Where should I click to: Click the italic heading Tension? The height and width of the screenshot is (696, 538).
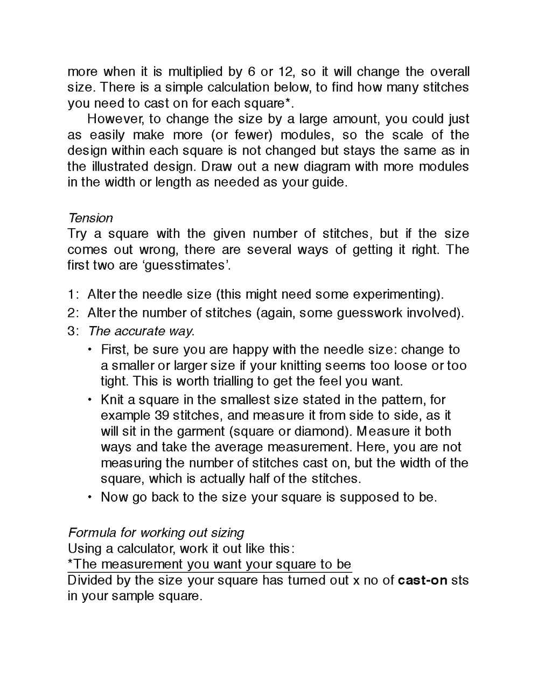[x=90, y=218]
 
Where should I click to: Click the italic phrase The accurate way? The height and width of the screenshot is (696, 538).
[x=141, y=331]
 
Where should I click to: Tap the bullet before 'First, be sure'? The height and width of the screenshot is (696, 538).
[x=90, y=350]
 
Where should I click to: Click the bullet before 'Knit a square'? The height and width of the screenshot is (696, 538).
[x=90, y=400]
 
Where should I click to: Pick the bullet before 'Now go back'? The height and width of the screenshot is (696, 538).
[x=90, y=497]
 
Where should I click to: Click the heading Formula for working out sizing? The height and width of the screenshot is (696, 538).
[x=156, y=533]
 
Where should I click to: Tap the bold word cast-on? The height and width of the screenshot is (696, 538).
[x=422, y=580]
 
